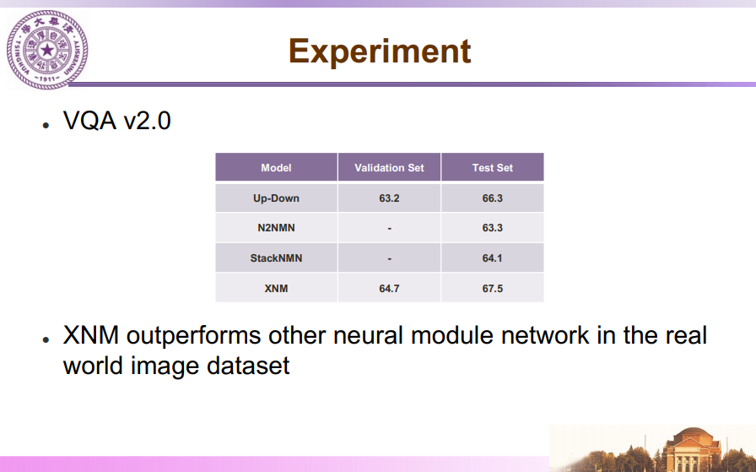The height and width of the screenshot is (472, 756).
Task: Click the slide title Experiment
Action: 380,52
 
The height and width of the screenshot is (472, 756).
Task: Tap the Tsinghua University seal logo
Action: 47,50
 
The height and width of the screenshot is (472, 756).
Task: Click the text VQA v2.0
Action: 116,120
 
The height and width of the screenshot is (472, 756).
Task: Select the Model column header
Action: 276,168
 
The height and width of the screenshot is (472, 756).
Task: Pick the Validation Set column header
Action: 389,168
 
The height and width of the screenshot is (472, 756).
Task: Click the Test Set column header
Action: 492,168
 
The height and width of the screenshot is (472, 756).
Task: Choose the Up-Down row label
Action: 276,198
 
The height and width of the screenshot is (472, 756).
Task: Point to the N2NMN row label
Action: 276,228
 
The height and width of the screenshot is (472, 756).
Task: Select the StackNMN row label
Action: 276,258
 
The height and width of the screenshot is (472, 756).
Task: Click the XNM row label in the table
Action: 276,289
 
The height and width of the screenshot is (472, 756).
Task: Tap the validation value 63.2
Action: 389,198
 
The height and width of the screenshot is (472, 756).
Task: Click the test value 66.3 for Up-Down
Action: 492,198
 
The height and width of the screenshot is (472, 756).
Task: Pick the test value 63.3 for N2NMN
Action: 492,228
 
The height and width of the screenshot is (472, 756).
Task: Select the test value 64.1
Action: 492,258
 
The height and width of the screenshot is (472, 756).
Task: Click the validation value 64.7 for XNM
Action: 389,289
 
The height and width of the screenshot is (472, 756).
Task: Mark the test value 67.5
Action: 492,289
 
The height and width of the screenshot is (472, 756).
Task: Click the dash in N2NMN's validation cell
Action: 390,229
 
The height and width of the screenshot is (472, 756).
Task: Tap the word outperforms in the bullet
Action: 193,336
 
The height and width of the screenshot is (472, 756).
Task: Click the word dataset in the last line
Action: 248,366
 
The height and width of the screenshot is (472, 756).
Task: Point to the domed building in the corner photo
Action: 690,450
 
